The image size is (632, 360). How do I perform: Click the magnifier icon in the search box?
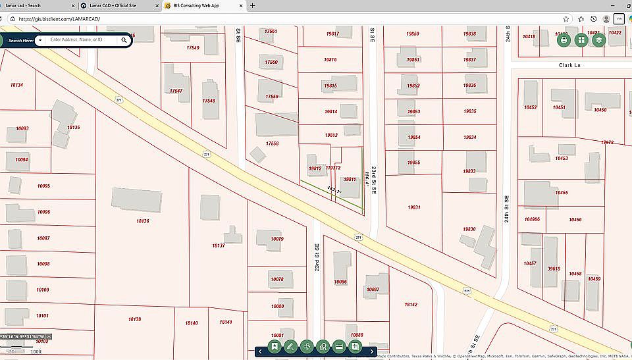point(124,40)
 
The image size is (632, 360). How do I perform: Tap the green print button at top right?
point(564,40)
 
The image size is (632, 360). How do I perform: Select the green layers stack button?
point(598,40)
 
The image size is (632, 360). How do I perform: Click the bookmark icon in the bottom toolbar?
point(274,346)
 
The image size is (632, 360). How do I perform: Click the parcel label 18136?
point(142,221)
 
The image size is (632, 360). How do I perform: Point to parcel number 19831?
point(414,207)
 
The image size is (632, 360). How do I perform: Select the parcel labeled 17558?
point(272,143)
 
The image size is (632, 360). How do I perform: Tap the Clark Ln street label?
point(571,66)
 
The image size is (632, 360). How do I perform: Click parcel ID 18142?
point(411,305)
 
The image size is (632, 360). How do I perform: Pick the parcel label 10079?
point(277,239)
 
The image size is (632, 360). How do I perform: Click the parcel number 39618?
point(554,269)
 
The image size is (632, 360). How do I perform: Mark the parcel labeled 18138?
point(134,319)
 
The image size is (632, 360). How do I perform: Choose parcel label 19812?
point(315,168)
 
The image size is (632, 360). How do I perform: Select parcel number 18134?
point(17,85)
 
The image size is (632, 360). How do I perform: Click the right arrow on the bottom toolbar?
point(372,351)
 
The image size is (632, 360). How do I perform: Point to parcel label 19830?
point(469,229)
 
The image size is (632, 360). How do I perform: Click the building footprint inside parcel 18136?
point(137,199)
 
